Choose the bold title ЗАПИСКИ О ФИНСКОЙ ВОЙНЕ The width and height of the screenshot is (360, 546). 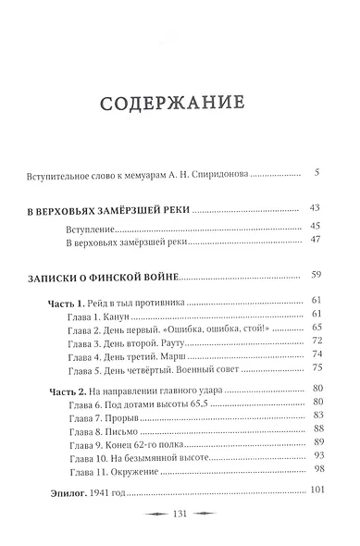click(x=110, y=275)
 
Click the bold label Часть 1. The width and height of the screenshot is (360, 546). click(x=69, y=302)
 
